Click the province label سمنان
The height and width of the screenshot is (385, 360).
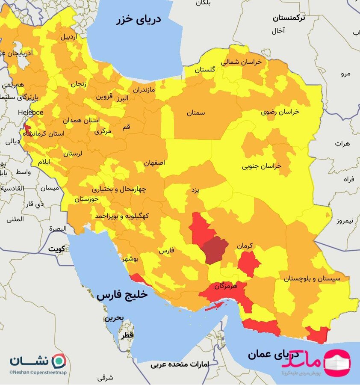click(x=195, y=113)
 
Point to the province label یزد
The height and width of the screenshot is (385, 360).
click(x=195, y=190)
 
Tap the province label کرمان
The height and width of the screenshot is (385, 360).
click(x=245, y=246)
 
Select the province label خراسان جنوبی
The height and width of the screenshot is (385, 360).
click(x=262, y=166)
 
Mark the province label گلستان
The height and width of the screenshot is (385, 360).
click(x=205, y=69)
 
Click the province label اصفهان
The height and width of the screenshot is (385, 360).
click(x=154, y=163)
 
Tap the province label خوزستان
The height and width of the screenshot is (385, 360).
click(x=87, y=199)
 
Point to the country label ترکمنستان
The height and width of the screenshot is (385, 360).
click(x=289, y=18)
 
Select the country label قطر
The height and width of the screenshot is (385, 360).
click(x=127, y=336)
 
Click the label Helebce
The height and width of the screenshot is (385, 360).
click(x=30, y=113)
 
